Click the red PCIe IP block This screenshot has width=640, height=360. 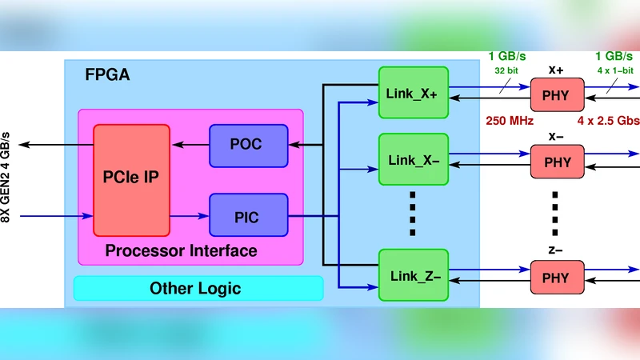coord(132,180)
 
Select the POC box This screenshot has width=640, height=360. coord(248,146)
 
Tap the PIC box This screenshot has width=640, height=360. coord(248,215)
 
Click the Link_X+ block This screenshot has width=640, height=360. coord(413,93)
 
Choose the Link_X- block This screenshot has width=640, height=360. coord(413,160)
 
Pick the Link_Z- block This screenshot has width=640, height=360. coord(413,276)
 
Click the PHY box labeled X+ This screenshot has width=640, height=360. coord(557,95)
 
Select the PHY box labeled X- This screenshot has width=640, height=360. coord(557,162)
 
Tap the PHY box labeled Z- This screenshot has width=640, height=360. coord(557,277)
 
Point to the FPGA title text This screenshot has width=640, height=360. coord(107,76)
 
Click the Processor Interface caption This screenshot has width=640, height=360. coord(182,250)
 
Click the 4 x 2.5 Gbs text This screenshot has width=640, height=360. coord(607,122)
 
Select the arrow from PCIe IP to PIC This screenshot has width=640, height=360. coord(190,215)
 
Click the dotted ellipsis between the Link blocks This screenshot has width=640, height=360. coord(413,214)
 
